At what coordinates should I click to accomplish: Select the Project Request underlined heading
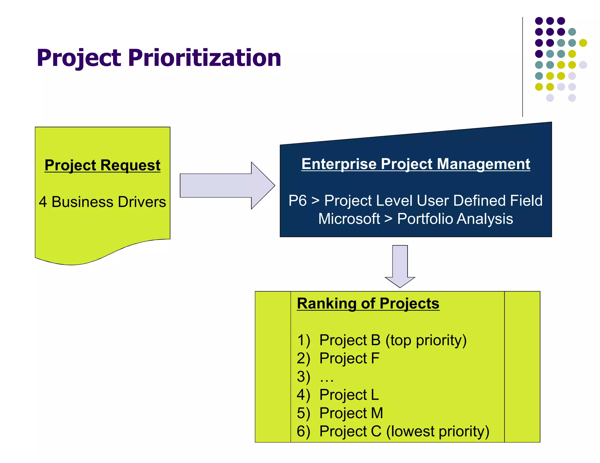[x=102, y=165]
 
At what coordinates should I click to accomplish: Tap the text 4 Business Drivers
[x=102, y=202]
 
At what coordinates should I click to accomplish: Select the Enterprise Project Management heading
[x=415, y=164]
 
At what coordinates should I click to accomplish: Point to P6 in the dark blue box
[x=297, y=201]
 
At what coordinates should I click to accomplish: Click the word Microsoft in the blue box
[x=349, y=219]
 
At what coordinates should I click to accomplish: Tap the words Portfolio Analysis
[x=455, y=219]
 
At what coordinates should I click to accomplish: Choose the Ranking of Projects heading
[x=368, y=303]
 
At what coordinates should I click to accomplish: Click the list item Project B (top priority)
[x=393, y=340]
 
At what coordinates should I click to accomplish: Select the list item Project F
[x=349, y=359]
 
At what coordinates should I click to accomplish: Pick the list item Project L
[x=349, y=395]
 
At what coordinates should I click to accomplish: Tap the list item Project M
[x=351, y=413]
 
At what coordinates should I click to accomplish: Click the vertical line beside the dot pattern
[x=522, y=67]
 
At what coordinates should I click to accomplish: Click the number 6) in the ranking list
[x=303, y=431]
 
